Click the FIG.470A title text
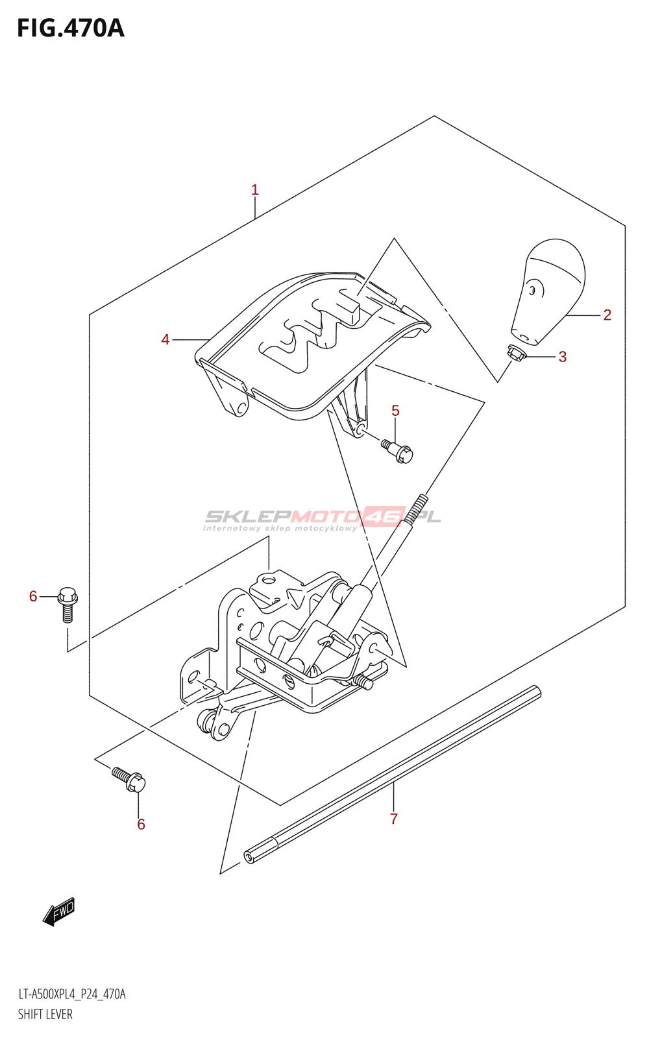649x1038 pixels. [x=70, y=29]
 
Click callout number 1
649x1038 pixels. [x=255, y=190]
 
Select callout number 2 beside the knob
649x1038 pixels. [x=607, y=315]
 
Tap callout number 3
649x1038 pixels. [x=563, y=357]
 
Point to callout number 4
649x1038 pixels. [x=165, y=340]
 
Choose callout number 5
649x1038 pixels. [x=395, y=411]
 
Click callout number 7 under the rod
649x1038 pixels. [x=394, y=819]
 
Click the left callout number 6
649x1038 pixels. [x=33, y=596]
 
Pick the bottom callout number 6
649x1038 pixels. [x=141, y=825]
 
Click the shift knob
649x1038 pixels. [x=550, y=289]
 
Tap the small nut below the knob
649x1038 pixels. [x=516, y=352]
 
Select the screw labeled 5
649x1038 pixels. [x=397, y=451]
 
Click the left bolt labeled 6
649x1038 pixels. [x=67, y=604]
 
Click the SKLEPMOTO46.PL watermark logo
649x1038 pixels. [x=323, y=518]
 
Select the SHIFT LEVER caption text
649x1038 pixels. [x=45, y=1015]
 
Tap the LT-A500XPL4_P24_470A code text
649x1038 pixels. [x=71, y=994]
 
